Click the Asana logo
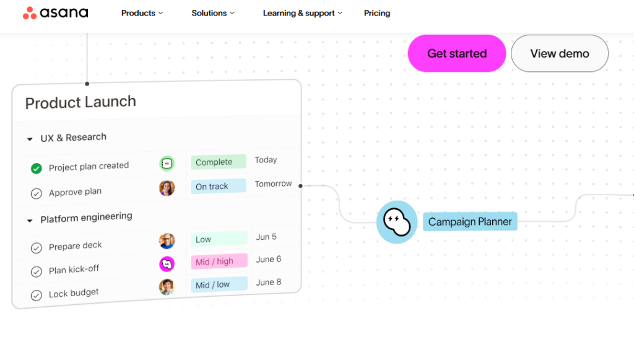click(55, 13)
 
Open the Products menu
click(142, 14)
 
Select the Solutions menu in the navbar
click(213, 14)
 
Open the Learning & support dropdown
click(302, 14)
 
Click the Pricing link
click(377, 14)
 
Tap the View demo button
click(560, 53)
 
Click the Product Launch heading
click(80, 102)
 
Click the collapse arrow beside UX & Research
click(30, 139)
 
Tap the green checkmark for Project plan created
click(37, 169)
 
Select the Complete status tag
click(219, 162)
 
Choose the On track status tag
click(219, 186)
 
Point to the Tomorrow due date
click(273, 183)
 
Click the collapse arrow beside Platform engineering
click(30, 221)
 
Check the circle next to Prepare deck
click(37, 248)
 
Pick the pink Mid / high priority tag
click(219, 261)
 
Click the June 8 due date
click(269, 283)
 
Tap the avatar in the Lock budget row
click(167, 287)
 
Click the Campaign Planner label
click(470, 222)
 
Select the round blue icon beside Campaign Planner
click(397, 222)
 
